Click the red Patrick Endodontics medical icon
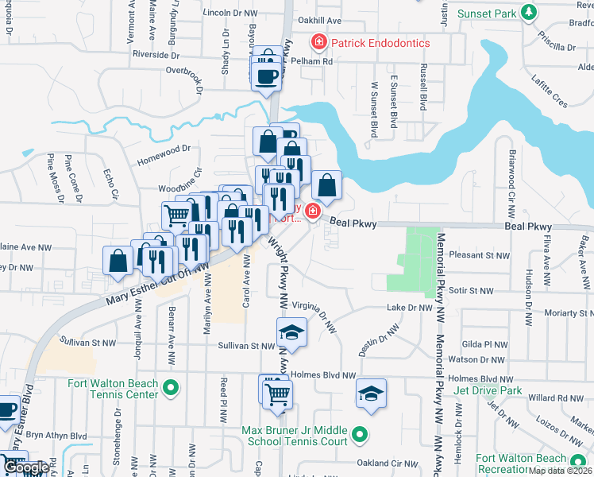319,41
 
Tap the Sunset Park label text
489,13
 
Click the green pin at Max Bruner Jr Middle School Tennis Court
360,435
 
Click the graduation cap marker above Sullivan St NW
291,333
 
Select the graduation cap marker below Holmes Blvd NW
371,394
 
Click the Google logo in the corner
25,468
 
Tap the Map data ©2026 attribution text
560,471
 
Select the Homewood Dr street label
164,147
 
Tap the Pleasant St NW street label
477,255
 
